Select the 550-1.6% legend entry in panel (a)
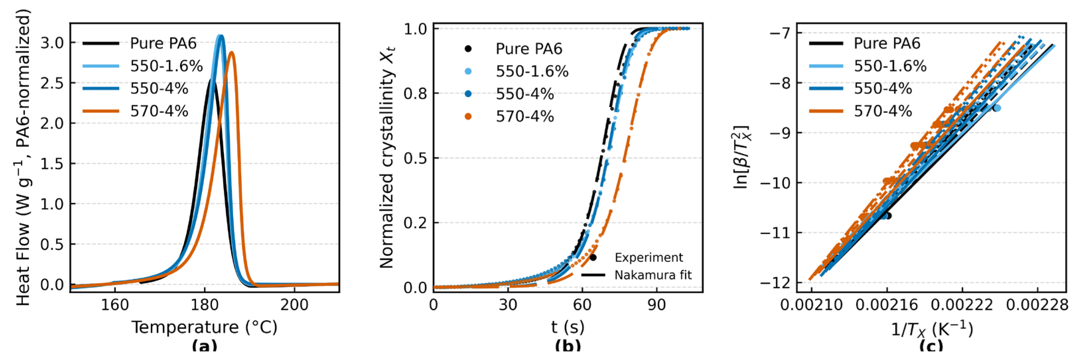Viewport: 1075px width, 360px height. tap(166, 66)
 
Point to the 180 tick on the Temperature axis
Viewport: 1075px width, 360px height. tap(204, 305)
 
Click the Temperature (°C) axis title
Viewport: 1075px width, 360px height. tap(204, 328)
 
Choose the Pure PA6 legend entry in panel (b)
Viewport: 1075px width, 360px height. tap(529, 49)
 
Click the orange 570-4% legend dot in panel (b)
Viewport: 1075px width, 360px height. tap(468, 116)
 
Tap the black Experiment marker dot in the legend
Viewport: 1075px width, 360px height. tap(593, 257)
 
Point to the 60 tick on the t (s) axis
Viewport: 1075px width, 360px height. tap(582, 305)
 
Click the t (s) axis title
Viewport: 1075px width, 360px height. tap(568, 328)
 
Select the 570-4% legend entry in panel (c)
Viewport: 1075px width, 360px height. tap(883, 111)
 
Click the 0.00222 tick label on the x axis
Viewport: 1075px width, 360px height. tap(962, 305)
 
